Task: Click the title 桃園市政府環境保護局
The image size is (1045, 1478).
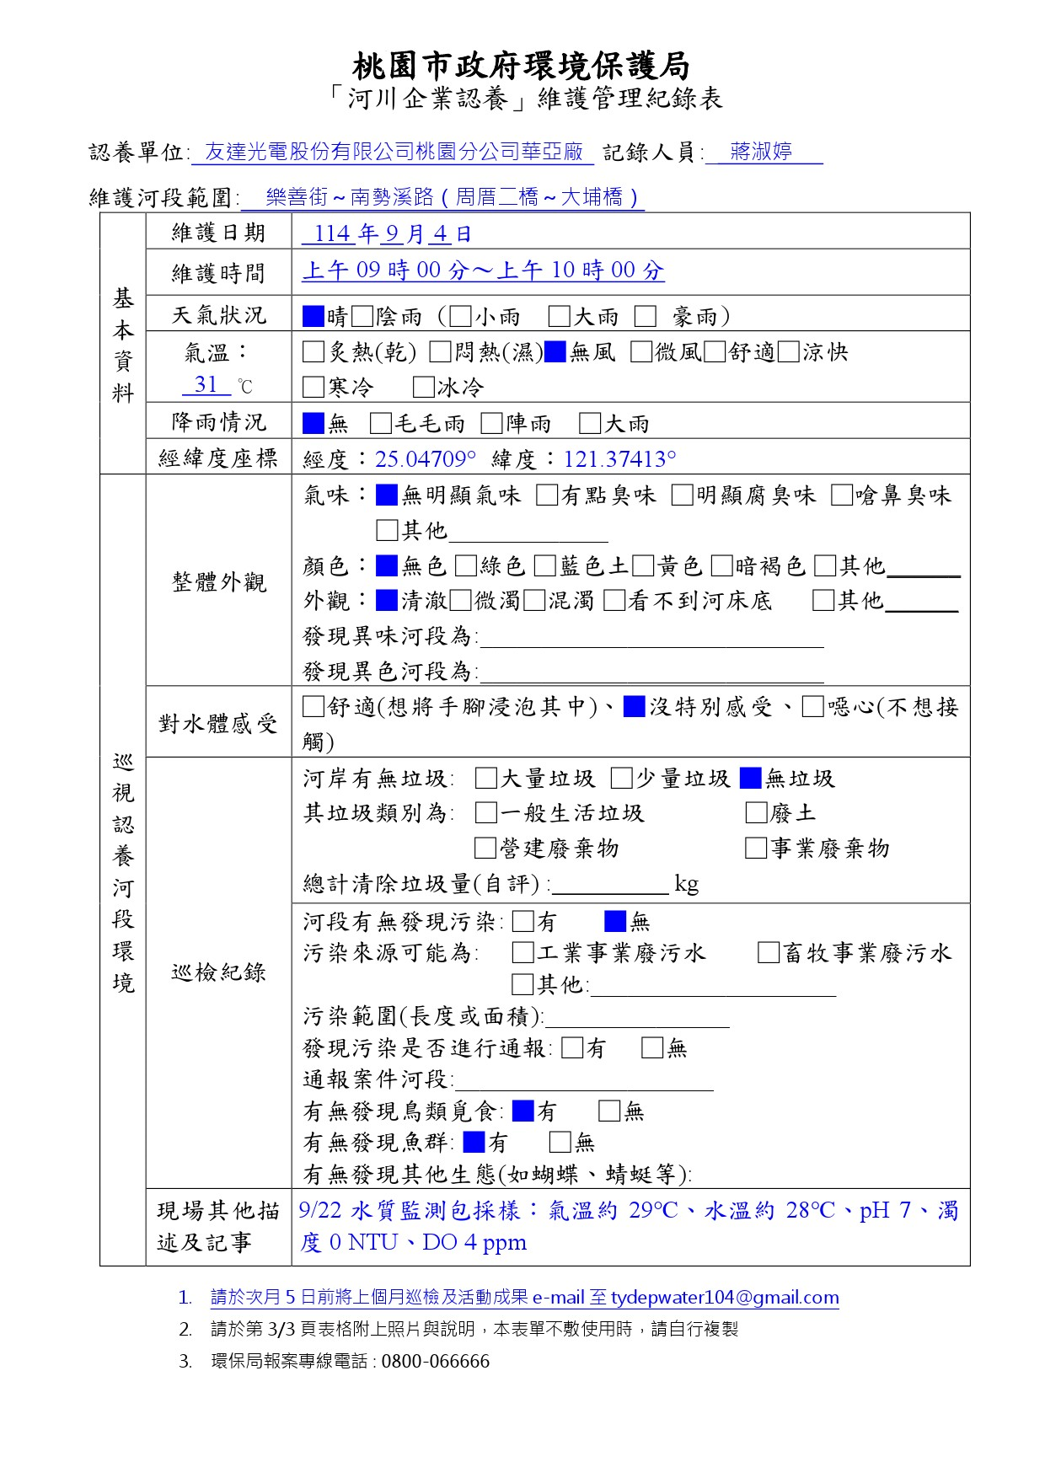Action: [521, 66]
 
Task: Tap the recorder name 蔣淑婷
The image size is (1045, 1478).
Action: [761, 152]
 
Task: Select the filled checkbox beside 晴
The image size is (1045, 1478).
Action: [313, 317]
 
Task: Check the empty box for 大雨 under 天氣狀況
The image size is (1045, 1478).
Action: [559, 317]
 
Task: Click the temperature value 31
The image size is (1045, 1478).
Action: [206, 385]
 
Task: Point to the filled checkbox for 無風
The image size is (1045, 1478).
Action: [555, 352]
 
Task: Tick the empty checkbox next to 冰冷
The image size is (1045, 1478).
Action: [423, 388]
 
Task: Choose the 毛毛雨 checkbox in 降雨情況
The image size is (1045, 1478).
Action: [381, 423]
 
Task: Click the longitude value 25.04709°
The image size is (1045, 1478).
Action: [426, 459]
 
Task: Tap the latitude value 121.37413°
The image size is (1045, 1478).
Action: [620, 459]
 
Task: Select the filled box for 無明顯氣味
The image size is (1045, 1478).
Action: [387, 495]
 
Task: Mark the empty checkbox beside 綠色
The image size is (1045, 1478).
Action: [465, 565]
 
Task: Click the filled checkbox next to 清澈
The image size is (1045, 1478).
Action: [387, 601]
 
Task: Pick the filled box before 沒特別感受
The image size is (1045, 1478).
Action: [634, 707]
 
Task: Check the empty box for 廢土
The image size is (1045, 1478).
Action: [756, 813]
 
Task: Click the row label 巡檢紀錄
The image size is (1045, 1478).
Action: [218, 972]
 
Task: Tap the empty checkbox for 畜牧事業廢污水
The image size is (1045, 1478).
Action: [768, 953]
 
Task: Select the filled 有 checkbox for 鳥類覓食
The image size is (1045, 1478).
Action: [523, 1111]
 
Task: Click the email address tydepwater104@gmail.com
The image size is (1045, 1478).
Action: [725, 1298]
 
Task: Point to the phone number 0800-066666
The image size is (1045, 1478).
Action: [435, 1362]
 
